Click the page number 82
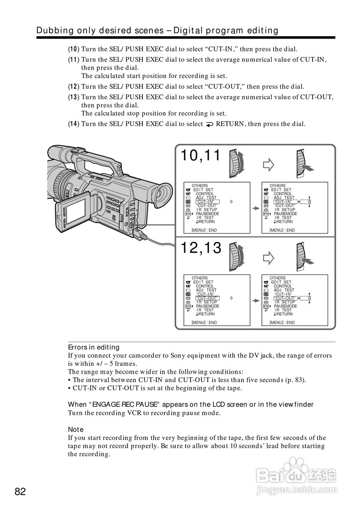[20, 491]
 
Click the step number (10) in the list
[73, 49]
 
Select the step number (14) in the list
[73, 124]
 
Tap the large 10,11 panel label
[201, 156]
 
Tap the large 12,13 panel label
[201, 248]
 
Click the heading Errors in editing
[94, 347]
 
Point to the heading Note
[76, 429]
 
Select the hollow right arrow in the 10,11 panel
[269, 164]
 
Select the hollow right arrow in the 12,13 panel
[269, 257]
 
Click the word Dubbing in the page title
[53, 30]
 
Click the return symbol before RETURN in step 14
[209, 124]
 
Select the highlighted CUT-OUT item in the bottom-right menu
[285, 298]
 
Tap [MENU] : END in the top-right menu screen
[282, 230]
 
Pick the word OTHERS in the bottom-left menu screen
[200, 278]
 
